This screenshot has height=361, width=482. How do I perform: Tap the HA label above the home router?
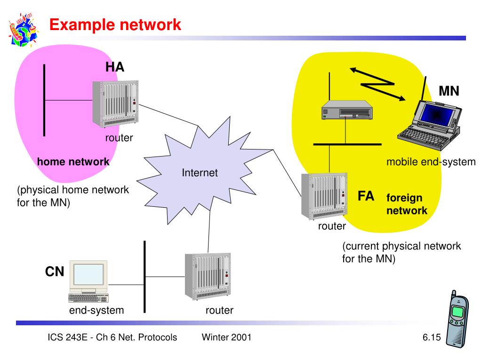(115, 67)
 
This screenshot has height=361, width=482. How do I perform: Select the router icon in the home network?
(116, 104)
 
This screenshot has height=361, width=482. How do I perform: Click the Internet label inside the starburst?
(200, 173)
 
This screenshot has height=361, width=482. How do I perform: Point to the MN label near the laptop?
(449, 91)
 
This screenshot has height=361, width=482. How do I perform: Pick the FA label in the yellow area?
(366, 196)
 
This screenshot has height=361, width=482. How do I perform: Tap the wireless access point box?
(347, 110)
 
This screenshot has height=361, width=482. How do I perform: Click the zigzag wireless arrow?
(378, 84)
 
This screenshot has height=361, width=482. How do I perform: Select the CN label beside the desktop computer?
(55, 271)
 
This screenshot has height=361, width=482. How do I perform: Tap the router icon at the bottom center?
(208, 276)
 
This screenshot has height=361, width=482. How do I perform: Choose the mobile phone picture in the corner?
(458, 319)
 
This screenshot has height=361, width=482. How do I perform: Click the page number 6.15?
(432, 337)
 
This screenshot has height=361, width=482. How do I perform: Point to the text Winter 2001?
(226, 337)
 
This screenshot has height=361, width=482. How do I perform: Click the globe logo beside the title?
(24, 30)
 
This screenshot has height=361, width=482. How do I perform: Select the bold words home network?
(73, 162)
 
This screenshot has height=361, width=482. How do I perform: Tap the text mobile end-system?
(431, 162)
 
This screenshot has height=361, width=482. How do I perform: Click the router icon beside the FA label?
(324, 196)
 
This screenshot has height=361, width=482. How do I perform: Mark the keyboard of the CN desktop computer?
(88, 298)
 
